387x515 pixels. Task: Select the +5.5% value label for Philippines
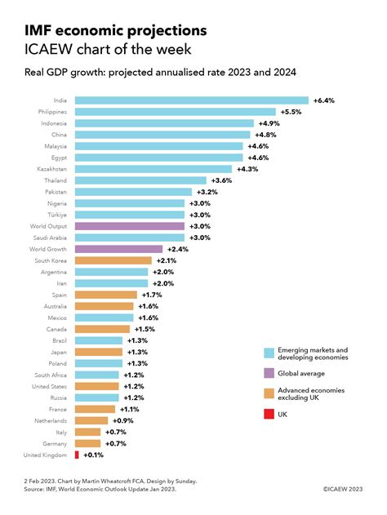pyautogui.click(x=291, y=111)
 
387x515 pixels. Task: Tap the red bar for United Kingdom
pyautogui.click(x=77, y=455)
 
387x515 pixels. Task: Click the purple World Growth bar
pyautogui.click(x=119, y=248)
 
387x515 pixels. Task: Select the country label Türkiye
pyautogui.click(x=56, y=214)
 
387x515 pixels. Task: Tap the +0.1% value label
pyautogui.click(x=92, y=455)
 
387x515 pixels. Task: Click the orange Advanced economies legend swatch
pyautogui.click(x=269, y=393)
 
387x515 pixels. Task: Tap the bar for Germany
pyautogui.click(x=89, y=443)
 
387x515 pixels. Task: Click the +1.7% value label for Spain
pyautogui.click(x=152, y=294)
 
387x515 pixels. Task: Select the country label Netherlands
pyautogui.click(x=51, y=420)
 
